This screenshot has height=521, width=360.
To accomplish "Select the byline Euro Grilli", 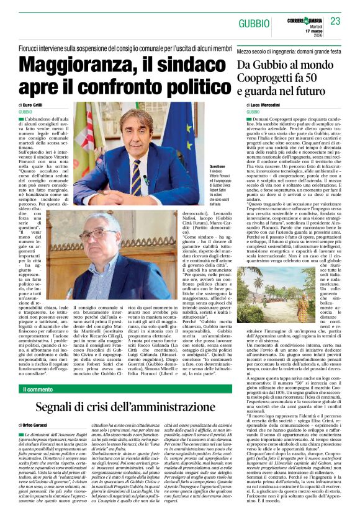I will tap(34, 105).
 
